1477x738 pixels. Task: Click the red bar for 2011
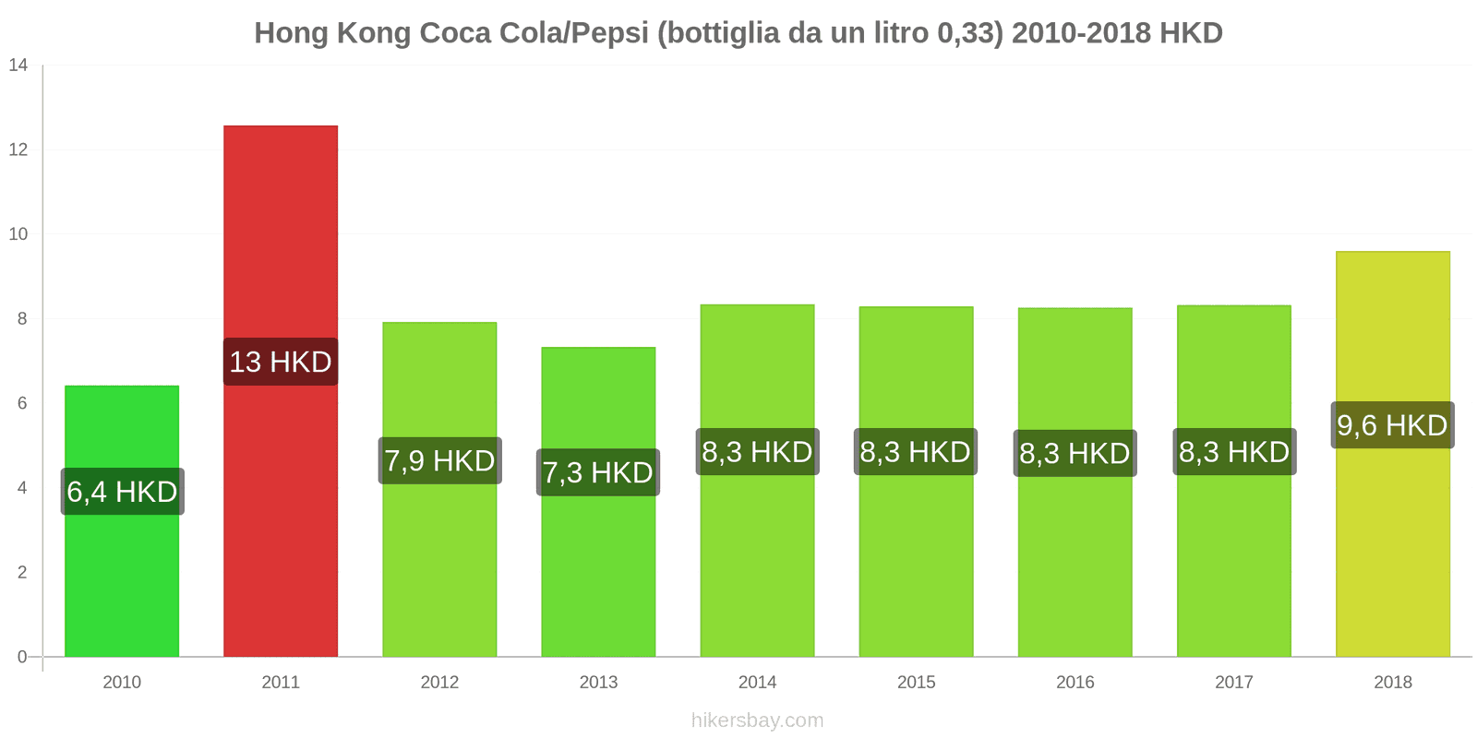[x=281, y=231]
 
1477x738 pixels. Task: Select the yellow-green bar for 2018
[x=1392, y=553]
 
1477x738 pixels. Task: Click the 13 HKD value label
[x=281, y=362]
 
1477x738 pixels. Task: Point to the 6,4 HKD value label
[x=122, y=492]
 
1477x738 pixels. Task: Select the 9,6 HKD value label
[x=1392, y=425]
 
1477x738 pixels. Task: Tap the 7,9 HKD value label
[x=439, y=460]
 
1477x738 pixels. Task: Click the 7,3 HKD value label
[x=598, y=472]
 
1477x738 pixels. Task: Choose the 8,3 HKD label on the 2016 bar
[x=1075, y=453]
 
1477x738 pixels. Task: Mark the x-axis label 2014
[x=757, y=683]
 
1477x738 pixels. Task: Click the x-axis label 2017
[x=1233, y=683]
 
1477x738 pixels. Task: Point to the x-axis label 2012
[x=439, y=683]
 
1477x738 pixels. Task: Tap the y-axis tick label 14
[x=18, y=65]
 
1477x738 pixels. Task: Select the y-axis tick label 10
[x=18, y=234]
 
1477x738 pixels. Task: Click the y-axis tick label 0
[x=22, y=657]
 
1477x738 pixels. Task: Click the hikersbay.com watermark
[x=757, y=720]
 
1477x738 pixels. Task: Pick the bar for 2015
[x=916, y=572]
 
